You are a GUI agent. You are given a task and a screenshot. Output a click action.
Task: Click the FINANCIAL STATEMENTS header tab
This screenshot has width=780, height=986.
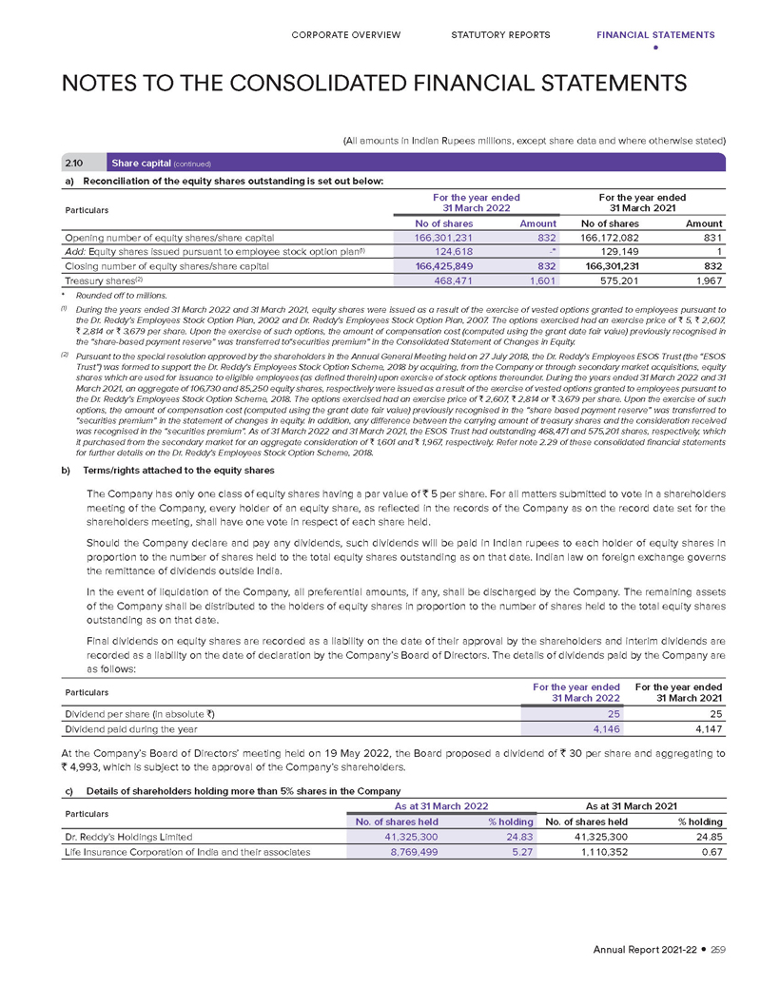(655, 34)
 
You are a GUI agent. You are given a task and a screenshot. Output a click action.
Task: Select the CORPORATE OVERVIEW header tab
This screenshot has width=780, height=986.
(346, 34)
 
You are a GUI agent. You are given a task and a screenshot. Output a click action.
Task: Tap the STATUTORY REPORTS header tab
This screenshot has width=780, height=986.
(500, 34)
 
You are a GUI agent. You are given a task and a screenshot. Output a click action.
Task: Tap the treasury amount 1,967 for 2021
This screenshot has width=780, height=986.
(708, 283)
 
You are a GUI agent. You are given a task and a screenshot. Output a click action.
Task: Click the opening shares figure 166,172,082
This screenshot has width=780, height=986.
(614, 236)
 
